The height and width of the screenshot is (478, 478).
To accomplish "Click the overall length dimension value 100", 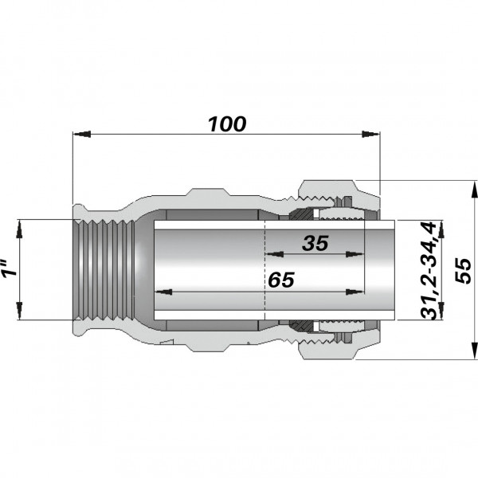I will click(227, 124).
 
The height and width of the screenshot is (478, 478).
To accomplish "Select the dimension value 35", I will click(315, 244).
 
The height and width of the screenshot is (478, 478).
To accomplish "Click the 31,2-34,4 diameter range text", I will click(430, 270).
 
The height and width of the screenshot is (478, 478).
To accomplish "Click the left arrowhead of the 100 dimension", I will click(78, 135).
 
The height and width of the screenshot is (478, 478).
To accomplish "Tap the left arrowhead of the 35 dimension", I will click(269, 255).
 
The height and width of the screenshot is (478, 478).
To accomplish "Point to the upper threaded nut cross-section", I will click(327, 195).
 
